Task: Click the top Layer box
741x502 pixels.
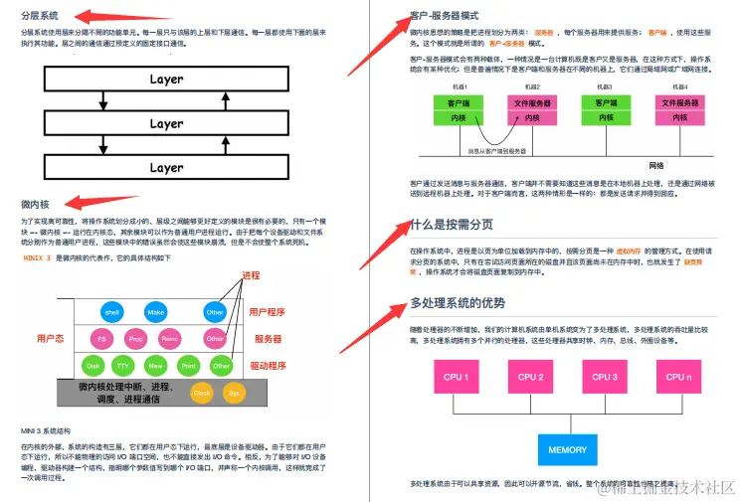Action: pos(166,80)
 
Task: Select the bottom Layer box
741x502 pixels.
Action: pos(166,168)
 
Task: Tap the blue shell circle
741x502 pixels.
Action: pos(111,311)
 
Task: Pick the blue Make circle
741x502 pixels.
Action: pos(155,311)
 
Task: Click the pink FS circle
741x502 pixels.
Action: pos(100,338)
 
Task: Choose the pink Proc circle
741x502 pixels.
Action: pos(136,338)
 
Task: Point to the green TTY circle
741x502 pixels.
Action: pos(123,365)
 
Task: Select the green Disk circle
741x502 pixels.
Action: pos(93,365)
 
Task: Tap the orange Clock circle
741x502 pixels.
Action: pos(202,392)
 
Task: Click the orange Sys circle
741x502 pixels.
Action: pos(234,392)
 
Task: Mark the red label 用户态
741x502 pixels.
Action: pos(51,338)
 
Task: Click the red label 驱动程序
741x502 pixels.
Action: pos(268,365)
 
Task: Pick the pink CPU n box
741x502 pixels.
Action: pos(678,378)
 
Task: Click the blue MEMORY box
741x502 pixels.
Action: pos(568,449)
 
